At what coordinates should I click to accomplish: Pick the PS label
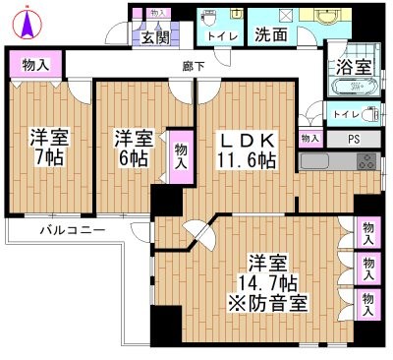pyautogui.click(x=354, y=140)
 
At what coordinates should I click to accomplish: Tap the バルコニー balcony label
pyautogui.click(x=71, y=230)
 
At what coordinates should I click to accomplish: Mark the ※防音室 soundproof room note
pyautogui.click(x=267, y=302)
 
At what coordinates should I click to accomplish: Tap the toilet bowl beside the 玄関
pyautogui.click(x=210, y=20)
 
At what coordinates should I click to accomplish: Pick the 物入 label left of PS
pyautogui.click(x=309, y=140)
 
